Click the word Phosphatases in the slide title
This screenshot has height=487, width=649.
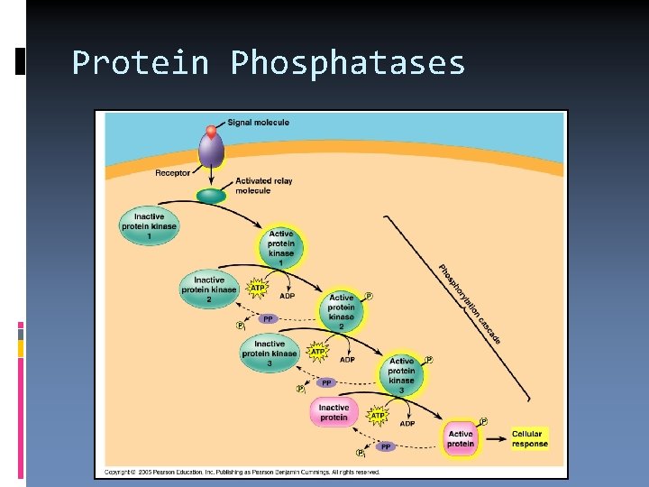coord(347,63)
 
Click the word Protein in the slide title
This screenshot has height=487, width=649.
coord(140,63)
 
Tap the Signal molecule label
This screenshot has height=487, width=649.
coord(258,123)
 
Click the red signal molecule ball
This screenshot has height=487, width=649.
coord(212,132)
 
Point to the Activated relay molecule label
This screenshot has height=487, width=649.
coord(263,186)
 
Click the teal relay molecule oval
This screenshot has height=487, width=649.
coord(212,196)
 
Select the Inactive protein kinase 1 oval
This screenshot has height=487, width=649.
coord(150,225)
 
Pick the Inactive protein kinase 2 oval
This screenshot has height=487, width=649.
coord(208,289)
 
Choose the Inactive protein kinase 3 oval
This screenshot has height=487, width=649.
coord(270,353)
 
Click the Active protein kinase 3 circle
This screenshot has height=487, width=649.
coord(402,374)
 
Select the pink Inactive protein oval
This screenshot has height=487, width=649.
coord(334,412)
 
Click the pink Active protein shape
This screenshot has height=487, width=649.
coord(461,438)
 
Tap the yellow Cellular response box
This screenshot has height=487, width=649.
coord(529,438)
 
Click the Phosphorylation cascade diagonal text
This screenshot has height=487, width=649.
coord(469,303)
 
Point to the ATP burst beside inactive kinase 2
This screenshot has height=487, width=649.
coord(258,289)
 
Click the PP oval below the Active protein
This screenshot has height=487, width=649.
coord(386,446)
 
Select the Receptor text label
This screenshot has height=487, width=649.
coord(172,173)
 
